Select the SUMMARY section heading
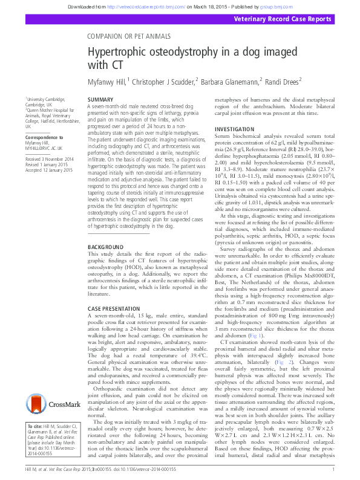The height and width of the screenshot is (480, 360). (x=100, y=99)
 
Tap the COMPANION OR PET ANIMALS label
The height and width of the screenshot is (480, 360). (x=129, y=36)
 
